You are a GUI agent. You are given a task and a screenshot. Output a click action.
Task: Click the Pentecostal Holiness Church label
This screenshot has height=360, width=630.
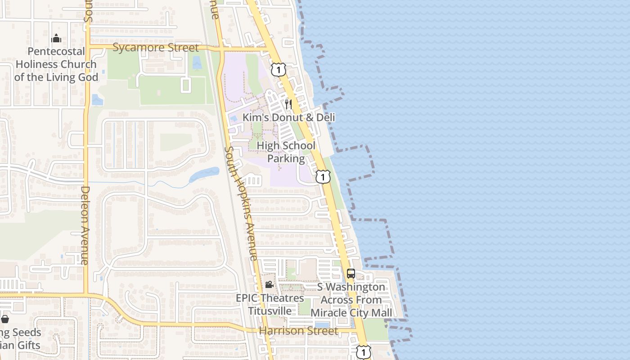coord(56,64)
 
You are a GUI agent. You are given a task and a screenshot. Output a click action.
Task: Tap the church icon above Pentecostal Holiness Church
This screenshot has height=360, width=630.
coord(56,38)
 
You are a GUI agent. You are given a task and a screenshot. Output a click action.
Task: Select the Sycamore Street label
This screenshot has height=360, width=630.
coord(155,48)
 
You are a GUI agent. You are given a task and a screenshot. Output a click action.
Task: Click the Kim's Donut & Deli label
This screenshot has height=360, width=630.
coord(289,117)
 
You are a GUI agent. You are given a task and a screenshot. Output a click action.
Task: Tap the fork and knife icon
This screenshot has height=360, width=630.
coord(288,104)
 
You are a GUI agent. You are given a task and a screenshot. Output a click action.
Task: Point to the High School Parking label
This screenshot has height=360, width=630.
coord(286,152)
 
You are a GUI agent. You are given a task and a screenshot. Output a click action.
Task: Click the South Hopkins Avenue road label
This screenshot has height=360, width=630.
coord(241,203)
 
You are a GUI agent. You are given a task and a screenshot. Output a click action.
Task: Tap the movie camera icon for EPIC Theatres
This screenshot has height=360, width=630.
coord(269,284)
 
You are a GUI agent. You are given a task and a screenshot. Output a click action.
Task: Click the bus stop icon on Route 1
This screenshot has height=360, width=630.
coord(351,273)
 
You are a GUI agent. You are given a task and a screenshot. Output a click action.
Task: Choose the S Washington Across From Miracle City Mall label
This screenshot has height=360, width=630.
coord(351,300)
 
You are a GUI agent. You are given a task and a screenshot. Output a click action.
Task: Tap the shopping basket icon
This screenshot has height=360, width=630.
coord(5,319)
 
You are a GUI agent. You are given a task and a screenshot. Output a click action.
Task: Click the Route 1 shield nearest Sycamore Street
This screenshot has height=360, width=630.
coord(279,70)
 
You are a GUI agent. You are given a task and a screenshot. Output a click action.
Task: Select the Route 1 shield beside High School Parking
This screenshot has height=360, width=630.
coord(323,176)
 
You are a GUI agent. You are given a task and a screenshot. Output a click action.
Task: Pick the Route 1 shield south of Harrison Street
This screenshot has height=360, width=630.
coord(364,352)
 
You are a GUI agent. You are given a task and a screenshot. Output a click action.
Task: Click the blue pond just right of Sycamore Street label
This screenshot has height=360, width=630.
coord(197,62)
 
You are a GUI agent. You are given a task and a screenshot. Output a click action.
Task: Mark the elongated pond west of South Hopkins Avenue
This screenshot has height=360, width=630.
coord(205,174)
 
